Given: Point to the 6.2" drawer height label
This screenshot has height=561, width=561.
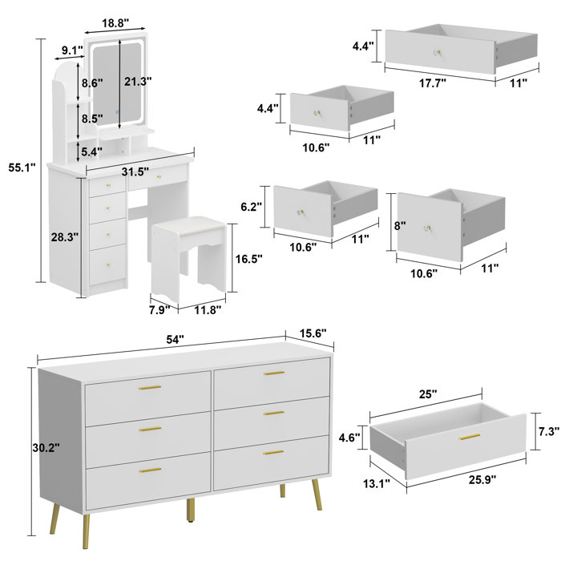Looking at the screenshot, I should [x=252, y=206].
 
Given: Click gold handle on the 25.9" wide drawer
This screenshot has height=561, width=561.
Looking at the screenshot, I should [x=469, y=438].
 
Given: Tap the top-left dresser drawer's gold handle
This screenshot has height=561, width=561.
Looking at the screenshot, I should [x=149, y=389].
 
